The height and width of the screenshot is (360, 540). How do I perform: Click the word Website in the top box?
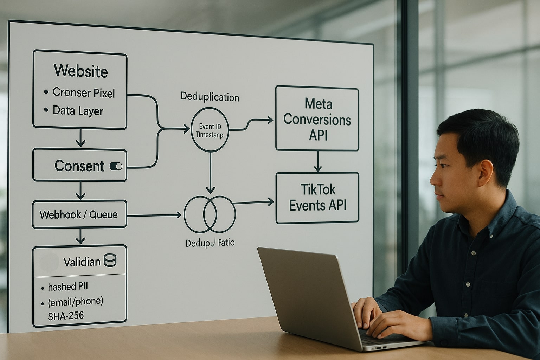click(81, 71)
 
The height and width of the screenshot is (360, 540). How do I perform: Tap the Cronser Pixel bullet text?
click(84, 92)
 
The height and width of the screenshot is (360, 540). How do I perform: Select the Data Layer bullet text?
click(78, 111)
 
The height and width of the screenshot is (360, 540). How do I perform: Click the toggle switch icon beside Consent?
click(116, 166)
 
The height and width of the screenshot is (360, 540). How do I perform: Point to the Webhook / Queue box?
click(79, 214)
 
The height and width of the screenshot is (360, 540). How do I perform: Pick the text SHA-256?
click(66, 315)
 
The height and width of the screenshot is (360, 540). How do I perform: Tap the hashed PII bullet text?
click(68, 287)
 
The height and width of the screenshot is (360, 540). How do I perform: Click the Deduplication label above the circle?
click(210, 97)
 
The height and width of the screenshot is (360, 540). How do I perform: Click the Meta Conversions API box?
click(317, 119)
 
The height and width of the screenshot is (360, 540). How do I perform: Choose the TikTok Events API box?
click(317, 198)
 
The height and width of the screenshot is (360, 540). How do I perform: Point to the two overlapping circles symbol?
click(210, 214)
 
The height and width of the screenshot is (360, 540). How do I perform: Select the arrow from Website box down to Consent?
click(81, 138)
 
